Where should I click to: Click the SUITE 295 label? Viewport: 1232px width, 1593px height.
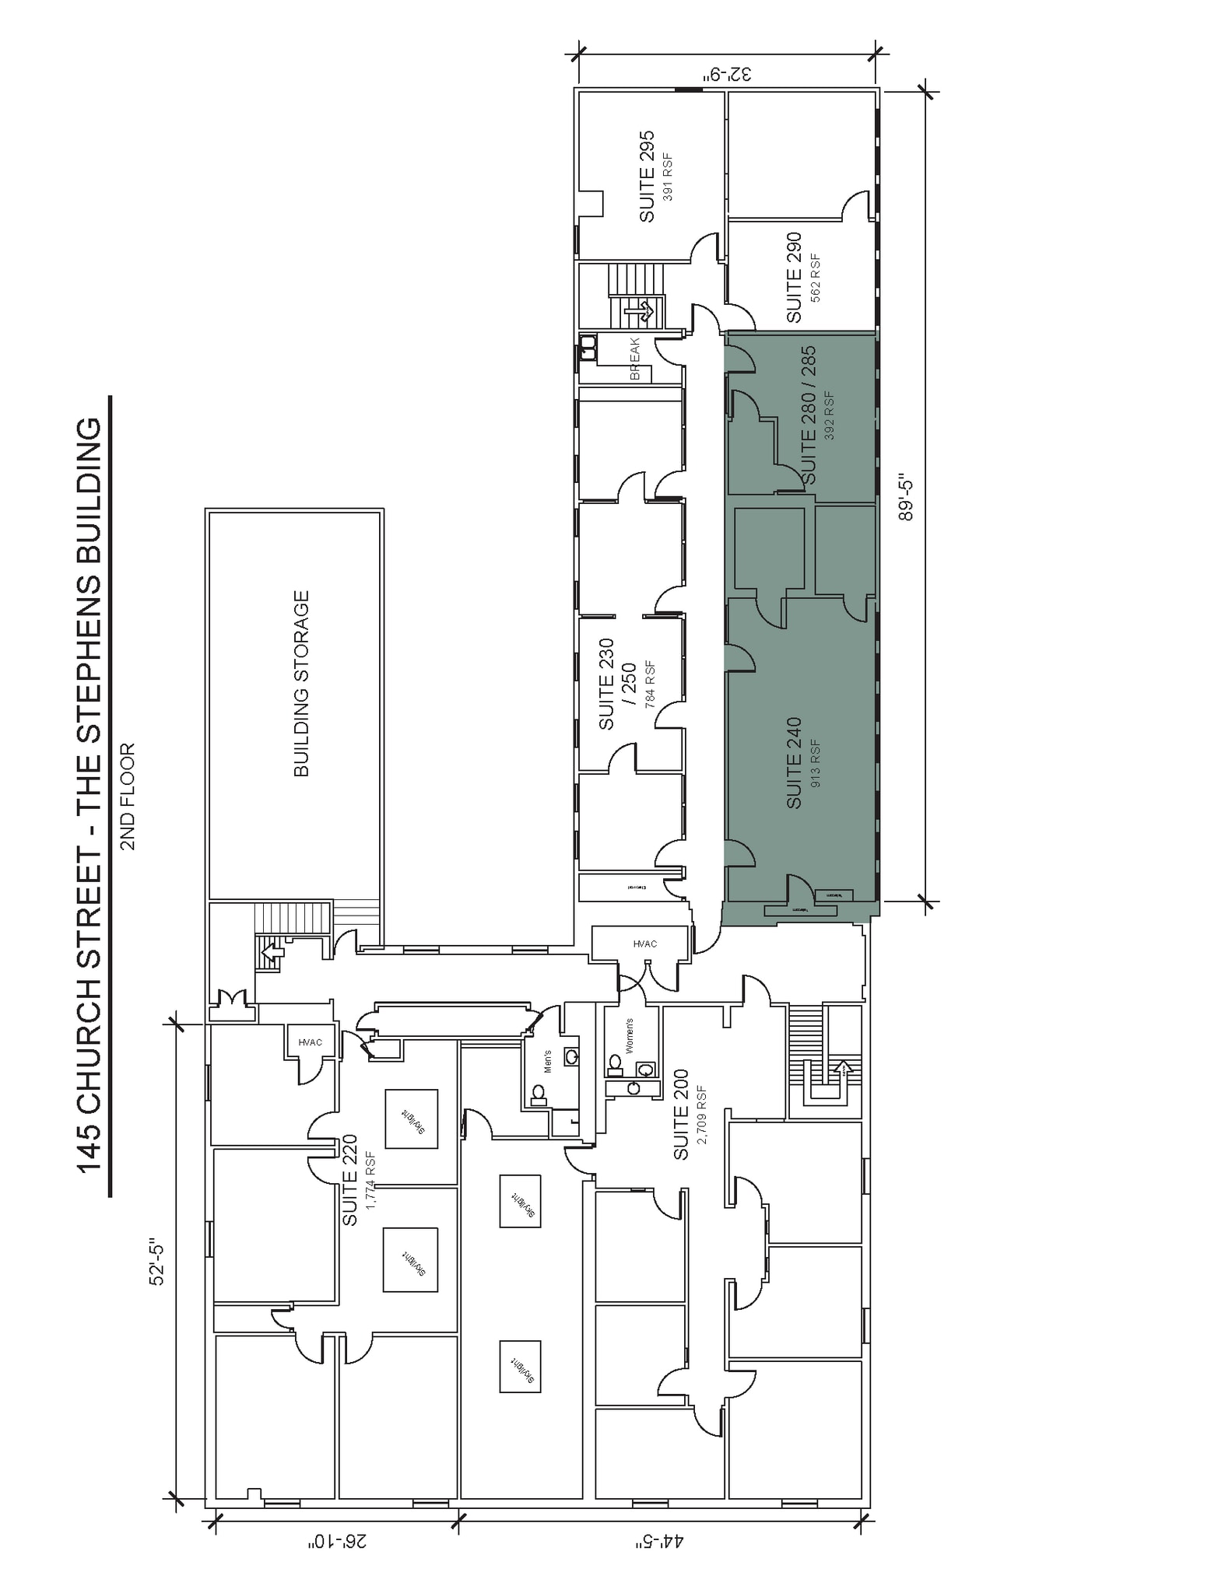tap(647, 177)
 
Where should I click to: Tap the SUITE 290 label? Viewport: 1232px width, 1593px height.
tap(794, 277)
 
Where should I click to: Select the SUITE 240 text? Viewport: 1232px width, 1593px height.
tap(794, 762)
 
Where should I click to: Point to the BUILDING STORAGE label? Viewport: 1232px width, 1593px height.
tap(302, 683)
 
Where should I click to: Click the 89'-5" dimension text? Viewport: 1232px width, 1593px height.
tap(906, 499)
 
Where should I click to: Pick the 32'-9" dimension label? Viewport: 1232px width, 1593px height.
tap(728, 75)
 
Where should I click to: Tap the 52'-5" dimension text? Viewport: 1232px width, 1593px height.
tap(156, 1264)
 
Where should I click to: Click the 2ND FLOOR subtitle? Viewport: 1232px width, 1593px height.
tap(128, 796)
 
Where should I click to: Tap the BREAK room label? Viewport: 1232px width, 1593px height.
tap(634, 359)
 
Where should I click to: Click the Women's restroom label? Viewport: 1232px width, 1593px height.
tap(630, 1035)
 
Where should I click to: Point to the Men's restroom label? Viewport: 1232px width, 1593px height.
tap(547, 1062)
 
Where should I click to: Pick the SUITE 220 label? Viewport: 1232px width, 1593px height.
tap(350, 1180)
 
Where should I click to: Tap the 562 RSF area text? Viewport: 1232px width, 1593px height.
tap(815, 277)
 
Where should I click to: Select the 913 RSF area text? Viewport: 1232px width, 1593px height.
tap(815, 762)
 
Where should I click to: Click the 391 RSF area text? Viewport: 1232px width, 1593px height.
tap(668, 177)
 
